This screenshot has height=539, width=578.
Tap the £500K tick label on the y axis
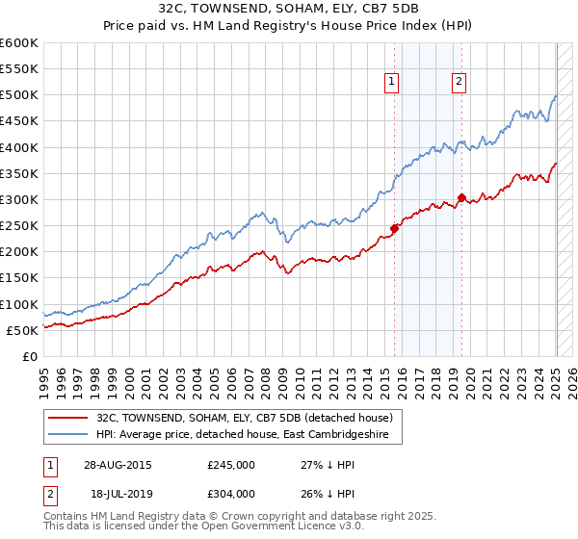pyautogui.click(x=19, y=95)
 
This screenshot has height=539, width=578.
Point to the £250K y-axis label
pyautogui.click(x=19, y=226)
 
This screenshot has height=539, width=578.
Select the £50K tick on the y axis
pyautogui.click(x=23, y=330)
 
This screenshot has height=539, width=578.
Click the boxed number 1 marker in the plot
pyautogui.click(x=393, y=83)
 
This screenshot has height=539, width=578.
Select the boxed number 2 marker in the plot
pyautogui.click(x=459, y=83)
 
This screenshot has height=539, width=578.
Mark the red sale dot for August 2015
pyautogui.click(x=395, y=228)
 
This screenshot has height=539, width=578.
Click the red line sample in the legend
pyautogui.click(x=68, y=419)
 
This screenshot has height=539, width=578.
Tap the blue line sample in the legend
pyautogui.click(x=68, y=435)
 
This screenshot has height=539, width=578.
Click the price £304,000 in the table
pyautogui.click(x=231, y=492)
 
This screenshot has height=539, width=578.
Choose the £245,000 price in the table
pyautogui.click(x=231, y=464)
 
